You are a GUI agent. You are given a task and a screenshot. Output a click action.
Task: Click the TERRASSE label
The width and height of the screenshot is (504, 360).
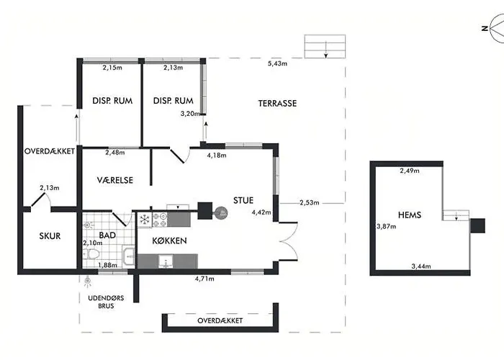(x=277, y=103)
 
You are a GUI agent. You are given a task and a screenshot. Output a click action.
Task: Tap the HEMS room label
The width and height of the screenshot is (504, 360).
(x=410, y=215)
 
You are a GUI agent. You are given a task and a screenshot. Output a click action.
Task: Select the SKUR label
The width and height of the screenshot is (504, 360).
(x=50, y=236)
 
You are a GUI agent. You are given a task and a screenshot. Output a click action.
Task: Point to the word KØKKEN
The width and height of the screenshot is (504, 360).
(x=169, y=240)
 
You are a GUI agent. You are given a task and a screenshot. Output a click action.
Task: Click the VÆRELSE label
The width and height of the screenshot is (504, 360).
(x=115, y=180)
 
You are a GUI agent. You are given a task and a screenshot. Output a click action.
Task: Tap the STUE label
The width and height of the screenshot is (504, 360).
(x=243, y=200)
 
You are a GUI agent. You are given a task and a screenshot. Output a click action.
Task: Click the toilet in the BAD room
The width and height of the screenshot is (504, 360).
(x=91, y=255)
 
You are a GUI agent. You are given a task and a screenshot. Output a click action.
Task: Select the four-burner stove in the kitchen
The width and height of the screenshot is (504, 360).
(x=159, y=220)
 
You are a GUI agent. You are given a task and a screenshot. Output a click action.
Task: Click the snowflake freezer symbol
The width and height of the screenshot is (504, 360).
(x=145, y=220)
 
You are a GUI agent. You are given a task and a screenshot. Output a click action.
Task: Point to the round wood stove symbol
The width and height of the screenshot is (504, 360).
(x=221, y=212)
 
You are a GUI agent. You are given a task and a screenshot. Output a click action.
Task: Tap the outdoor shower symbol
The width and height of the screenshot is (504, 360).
(x=87, y=282)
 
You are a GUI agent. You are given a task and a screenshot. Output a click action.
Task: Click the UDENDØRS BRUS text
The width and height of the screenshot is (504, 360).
(x=106, y=302)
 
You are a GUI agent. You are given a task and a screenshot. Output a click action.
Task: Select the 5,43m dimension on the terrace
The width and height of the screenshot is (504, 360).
(x=277, y=63)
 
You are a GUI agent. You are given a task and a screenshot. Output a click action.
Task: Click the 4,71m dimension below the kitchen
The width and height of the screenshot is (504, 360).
(x=204, y=279)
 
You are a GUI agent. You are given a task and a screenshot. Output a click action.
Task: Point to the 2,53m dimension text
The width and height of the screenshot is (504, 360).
(x=310, y=202)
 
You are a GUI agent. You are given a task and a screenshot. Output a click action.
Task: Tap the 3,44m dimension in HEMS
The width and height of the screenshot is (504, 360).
(x=421, y=266)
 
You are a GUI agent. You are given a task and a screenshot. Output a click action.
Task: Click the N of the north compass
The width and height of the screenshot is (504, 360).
(x=485, y=29)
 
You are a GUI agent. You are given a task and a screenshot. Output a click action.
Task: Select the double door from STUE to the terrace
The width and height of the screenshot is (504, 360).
(x=288, y=240)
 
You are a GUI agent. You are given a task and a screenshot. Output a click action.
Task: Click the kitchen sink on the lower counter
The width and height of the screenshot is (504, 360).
(x=166, y=261)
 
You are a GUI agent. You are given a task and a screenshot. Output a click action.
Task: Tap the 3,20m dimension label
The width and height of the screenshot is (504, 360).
(x=190, y=114)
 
